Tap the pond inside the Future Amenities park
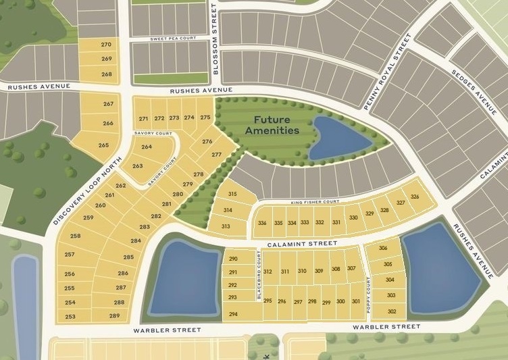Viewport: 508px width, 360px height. pyautogui.click(x=337, y=138)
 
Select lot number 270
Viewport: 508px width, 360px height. pyautogui.click(x=106, y=45)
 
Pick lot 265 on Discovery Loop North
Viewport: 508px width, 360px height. pyautogui.click(x=103, y=145)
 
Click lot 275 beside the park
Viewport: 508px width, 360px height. pyautogui.click(x=205, y=118)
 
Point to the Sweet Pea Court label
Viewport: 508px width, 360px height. pyautogui.click(x=174, y=38)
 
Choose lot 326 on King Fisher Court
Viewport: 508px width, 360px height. pyautogui.click(x=415, y=197)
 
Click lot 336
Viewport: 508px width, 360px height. pyautogui.click(x=262, y=223)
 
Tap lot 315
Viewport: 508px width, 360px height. pyautogui.click(x=233, y=195)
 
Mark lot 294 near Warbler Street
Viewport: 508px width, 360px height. pyautogui.click(x=233, y=314)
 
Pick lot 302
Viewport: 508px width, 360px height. pyautogui.click(x=392, y=311)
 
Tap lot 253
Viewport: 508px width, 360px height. pyautogui.click(x=70, y=316)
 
